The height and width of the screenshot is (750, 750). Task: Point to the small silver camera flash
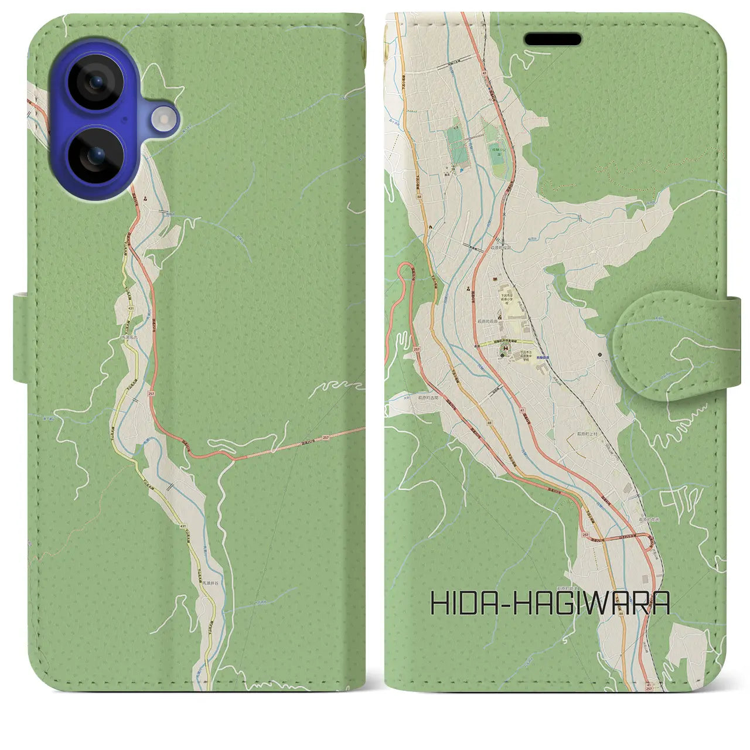click(x=163, y=120)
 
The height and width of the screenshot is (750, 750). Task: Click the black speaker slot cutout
click(x=553, y=39)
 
